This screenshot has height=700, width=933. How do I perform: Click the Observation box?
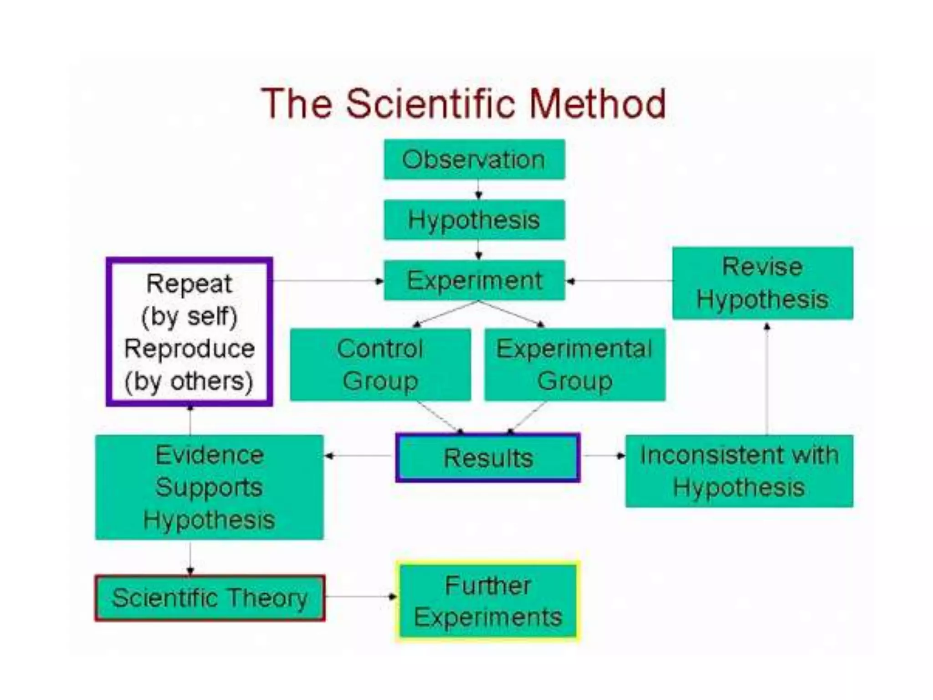click(474, 160)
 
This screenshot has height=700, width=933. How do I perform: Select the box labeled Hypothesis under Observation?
click(474, 220)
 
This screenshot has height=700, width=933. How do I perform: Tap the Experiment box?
click(474, 280)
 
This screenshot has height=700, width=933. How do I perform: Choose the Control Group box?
click(380, 365)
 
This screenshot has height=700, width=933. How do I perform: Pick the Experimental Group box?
click(574, 365)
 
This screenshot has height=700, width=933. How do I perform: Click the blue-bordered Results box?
click(488, 458)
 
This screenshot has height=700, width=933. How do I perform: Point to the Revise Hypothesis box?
click(762, 283)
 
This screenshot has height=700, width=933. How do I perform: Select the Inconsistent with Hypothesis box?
click(739, 471)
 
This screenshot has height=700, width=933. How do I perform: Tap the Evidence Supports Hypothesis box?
click(209, 487)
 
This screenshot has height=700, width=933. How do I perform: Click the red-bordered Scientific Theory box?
click(210, 598)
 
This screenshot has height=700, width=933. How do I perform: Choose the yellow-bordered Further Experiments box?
click(488, 601)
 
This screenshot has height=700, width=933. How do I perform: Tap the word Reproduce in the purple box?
click(190, 349)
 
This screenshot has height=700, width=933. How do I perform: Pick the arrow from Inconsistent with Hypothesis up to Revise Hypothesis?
click(767, 378)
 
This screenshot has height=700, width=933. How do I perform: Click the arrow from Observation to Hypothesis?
click(478, 190)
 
